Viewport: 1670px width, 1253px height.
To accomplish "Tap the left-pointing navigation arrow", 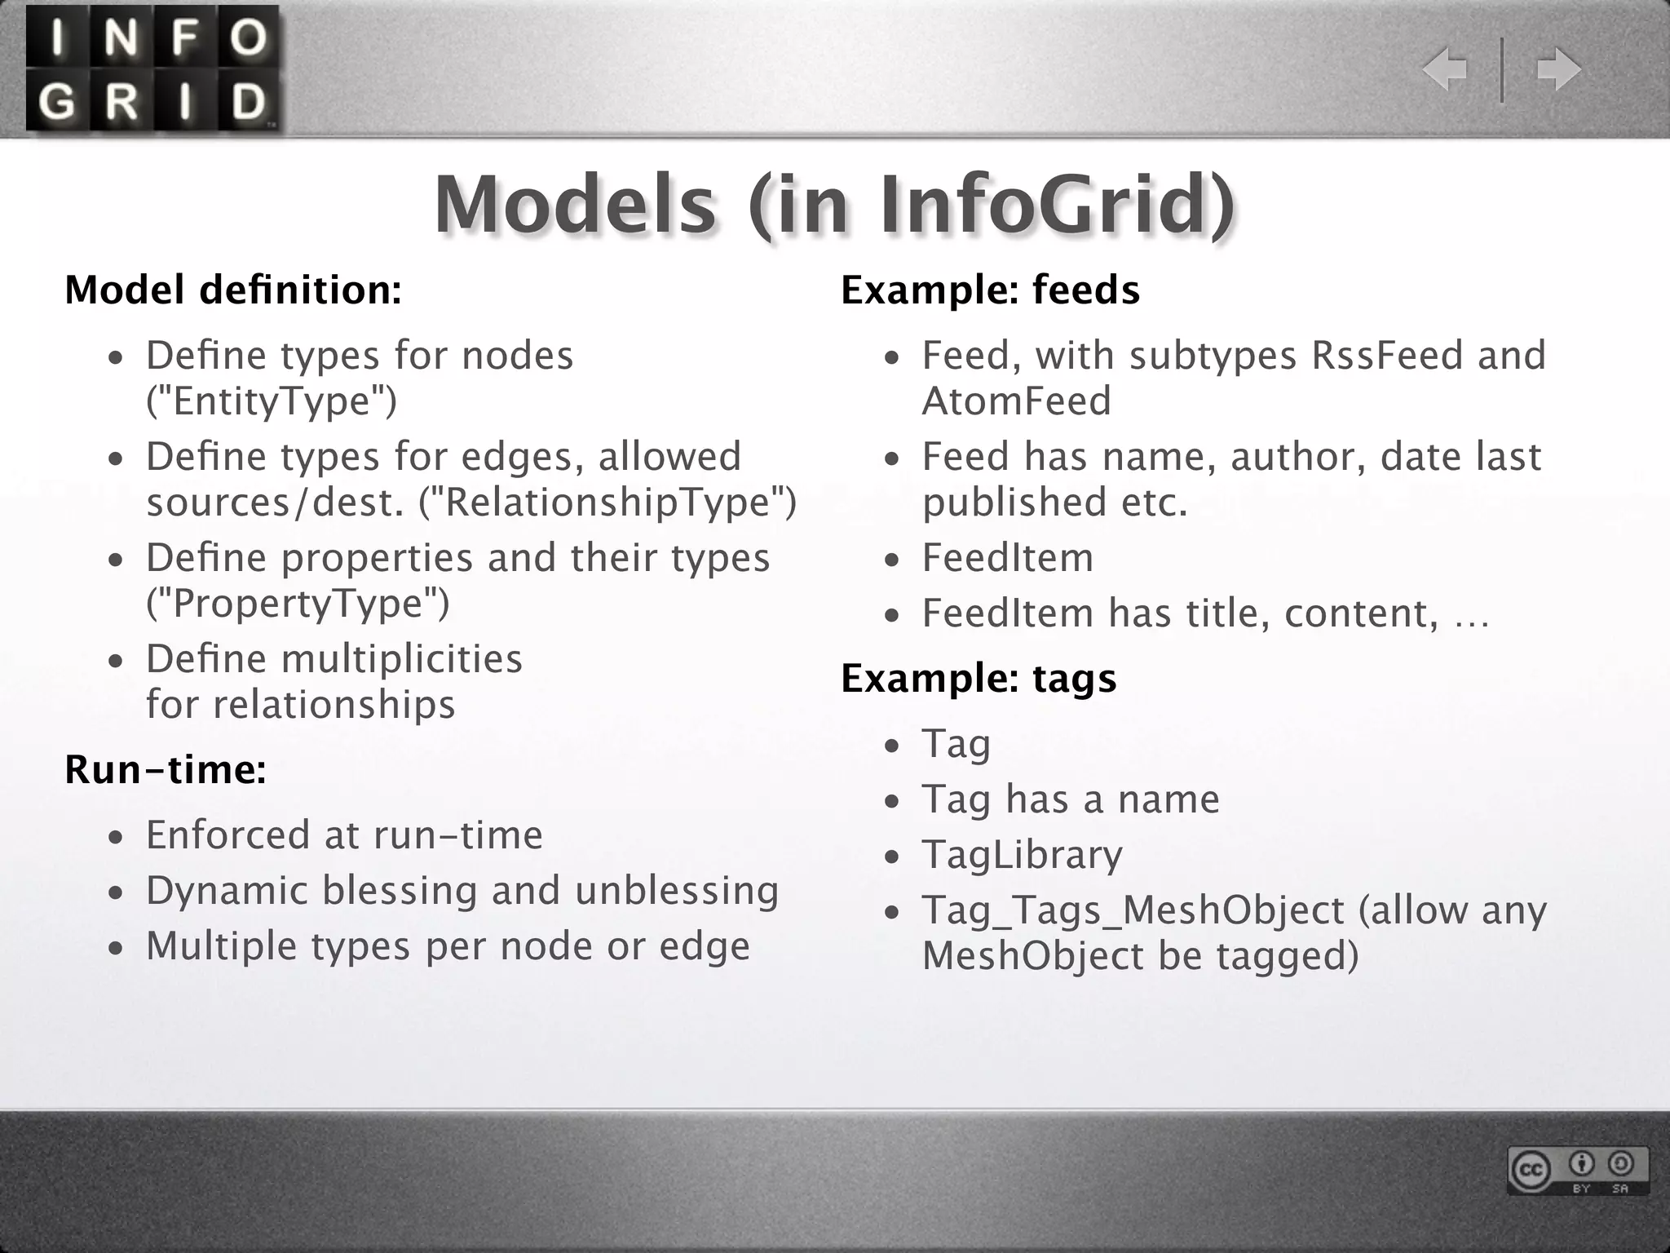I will tap(1445, 69).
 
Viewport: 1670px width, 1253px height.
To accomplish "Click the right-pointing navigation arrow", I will tap(1558, 69).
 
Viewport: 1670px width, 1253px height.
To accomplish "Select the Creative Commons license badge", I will tap(1577, 1171).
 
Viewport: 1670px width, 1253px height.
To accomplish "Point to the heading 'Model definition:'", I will tap(233, 290).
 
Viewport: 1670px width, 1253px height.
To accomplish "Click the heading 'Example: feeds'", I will tap(990, 290).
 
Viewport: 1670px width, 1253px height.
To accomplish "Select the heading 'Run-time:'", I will tap(166, 769).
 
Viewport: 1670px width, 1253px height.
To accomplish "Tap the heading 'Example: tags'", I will tap(979, 679).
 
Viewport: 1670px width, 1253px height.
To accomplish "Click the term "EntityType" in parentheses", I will tap(272, 401).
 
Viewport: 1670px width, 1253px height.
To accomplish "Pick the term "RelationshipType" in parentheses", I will tap(607, 503).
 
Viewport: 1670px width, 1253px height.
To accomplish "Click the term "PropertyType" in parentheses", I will tap(298, 604).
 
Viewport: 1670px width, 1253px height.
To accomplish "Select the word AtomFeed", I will tap(1017, 401).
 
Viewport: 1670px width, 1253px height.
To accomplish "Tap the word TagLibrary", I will tap(1023, 855).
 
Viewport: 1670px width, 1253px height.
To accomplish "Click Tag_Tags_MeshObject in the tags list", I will tap(1133, 910).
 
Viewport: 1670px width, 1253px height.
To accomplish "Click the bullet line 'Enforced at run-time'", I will tap(344, 835).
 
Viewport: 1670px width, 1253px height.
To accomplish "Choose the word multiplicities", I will tap(401, 659).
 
